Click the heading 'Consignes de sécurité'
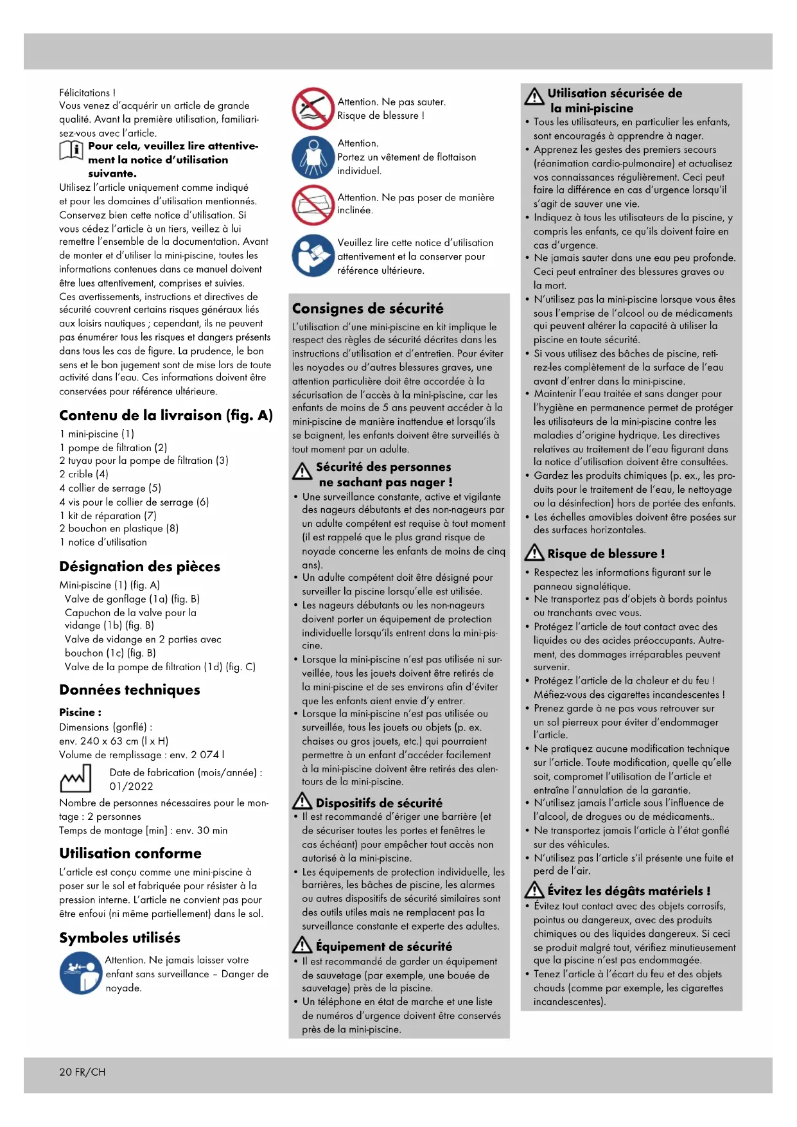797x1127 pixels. [367, 308]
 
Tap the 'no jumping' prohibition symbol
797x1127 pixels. [313, 109]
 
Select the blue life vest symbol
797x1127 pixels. [313, 157]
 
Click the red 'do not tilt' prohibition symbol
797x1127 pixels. [313, 205]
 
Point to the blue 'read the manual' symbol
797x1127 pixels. [313, 256]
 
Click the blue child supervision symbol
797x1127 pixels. [80, 973]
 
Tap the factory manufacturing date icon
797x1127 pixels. [76, 779]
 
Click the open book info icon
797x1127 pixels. [71, 150]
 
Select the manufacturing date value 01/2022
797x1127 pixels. [131, 786]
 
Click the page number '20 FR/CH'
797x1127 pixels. [82, 1072]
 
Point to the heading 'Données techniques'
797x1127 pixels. [130, 690]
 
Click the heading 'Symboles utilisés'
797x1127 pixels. [119, 938]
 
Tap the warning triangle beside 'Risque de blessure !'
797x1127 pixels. [534, 553]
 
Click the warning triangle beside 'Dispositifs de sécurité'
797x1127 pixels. [302, 802]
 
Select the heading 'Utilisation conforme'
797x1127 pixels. [130, 853]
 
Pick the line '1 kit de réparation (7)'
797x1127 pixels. [108, 515]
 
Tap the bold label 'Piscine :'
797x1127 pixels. [80, 712]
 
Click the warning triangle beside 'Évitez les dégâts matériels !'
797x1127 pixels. [534, 890]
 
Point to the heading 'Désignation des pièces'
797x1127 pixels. [139, 567]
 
